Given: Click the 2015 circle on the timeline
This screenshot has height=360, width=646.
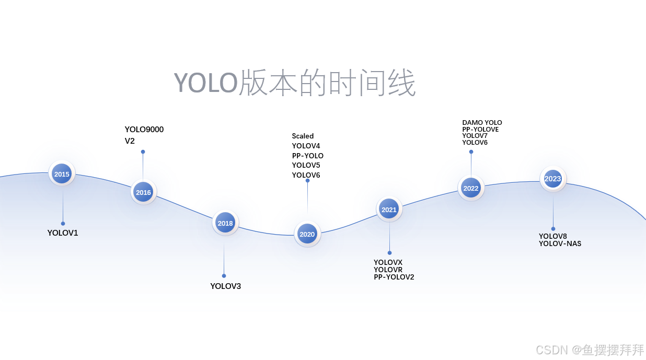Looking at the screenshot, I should (62, 174).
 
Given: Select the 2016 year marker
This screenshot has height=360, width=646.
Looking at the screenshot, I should (143, 192).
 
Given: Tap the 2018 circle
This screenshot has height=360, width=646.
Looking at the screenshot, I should (225, 223).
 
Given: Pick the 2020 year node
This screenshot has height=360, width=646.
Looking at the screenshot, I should (307, 234).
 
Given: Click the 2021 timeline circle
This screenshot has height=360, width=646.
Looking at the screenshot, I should (389, 210).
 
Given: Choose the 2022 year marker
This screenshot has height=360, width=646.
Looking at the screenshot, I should (471, 188).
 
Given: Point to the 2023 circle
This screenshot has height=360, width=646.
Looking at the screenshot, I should (552, 179).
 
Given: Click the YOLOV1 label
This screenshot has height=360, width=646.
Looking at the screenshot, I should (63, 233).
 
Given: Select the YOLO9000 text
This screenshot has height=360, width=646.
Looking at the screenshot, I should (144, 130).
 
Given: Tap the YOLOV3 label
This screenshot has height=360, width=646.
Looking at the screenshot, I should (226, 286).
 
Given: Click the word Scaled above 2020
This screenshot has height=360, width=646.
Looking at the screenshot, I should (303, 136).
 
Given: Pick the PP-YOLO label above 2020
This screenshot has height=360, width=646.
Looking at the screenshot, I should (308, 156).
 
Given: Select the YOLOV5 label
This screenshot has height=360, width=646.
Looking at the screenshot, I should (306, 166).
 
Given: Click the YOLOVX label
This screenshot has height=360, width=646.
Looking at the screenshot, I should (388, 262).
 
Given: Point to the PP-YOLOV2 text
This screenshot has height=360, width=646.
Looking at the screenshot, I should (394, 277).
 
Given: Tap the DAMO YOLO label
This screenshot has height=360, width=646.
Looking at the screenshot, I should (482, 123).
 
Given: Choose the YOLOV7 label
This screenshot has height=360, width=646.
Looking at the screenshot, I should (475, 136).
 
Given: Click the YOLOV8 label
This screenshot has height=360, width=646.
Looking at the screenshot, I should (553, 236).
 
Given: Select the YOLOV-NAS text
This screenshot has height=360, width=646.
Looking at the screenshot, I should (560, 243).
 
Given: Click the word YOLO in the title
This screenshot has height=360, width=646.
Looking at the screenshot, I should (206, 83).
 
